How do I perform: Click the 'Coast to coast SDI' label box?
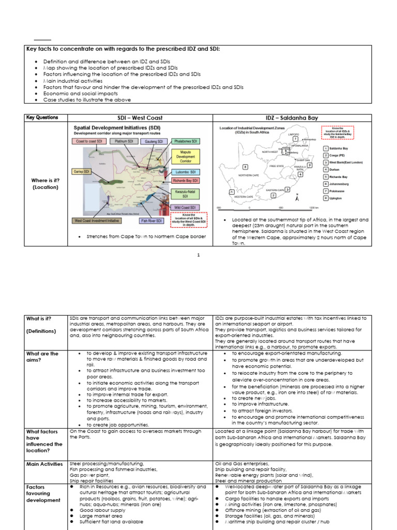(89, 141)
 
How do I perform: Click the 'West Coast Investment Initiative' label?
(96, 220)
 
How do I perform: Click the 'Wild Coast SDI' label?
(185, 208)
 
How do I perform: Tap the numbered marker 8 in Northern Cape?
(245, 167)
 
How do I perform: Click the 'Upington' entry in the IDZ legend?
(337, 198)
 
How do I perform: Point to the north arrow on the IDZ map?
(297, 196)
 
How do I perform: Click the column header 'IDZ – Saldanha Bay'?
(292, 118)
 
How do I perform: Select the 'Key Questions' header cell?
(42, 118)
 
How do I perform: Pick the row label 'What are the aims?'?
(42, 357)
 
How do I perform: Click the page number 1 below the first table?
(198, 255)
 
